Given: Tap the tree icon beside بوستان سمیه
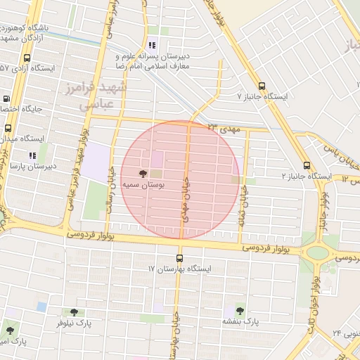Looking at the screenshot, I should click(143, 173).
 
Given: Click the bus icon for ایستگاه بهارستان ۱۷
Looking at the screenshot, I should click(179, 257).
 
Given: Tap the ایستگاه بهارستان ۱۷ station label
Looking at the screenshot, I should click(179, 269).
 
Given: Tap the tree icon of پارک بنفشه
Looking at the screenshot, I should click(240, 310).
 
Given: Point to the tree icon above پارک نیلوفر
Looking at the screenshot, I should click(74, 312).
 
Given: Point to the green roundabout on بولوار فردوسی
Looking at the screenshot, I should click(317, 252).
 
